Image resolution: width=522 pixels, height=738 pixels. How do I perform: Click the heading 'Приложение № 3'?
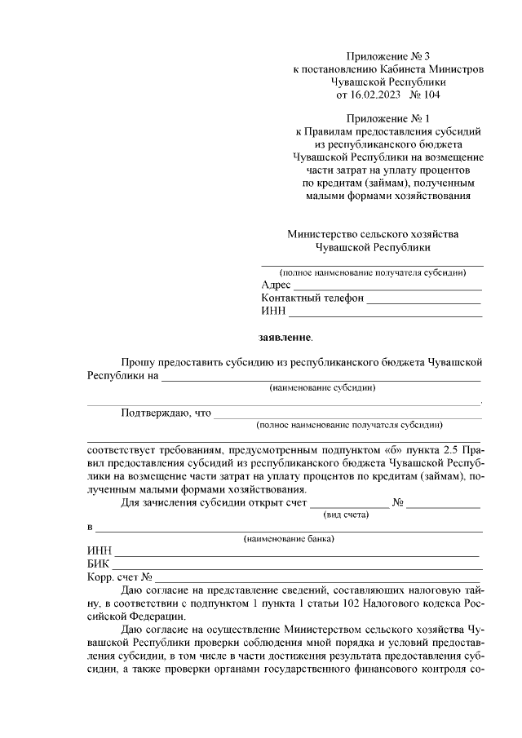[387, 56]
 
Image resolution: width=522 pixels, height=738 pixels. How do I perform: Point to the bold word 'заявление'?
[285, 337]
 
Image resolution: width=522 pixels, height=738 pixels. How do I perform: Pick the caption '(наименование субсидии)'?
[322, 388]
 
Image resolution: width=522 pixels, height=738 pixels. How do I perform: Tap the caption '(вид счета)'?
[347, 515]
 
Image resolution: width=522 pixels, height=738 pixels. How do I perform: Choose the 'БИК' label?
[98, 564]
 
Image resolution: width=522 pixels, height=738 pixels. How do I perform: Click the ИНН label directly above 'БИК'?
[99, 552]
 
